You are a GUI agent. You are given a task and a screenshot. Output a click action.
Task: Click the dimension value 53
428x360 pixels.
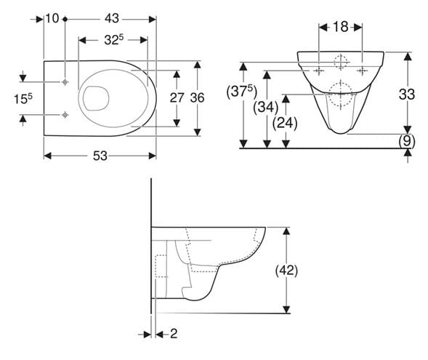coord(100,156)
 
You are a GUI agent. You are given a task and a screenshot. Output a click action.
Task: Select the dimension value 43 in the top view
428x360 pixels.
coord(112,19)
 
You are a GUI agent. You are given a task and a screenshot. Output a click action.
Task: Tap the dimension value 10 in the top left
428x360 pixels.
coord(52,19)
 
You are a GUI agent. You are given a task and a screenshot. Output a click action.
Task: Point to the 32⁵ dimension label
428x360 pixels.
coord(114,40)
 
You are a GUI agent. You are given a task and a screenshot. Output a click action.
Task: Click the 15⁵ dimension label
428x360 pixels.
coord(23,98)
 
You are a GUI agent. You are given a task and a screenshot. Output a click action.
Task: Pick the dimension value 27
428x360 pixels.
coord(177,97)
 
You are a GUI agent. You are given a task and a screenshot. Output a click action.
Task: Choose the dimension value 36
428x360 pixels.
coord(197,97)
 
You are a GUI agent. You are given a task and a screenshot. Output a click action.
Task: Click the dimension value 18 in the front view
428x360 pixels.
coord(341,27)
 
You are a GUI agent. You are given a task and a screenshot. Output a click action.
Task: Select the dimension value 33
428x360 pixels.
coord(407,95)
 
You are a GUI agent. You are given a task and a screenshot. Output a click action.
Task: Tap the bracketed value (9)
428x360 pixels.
coord(407,141)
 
